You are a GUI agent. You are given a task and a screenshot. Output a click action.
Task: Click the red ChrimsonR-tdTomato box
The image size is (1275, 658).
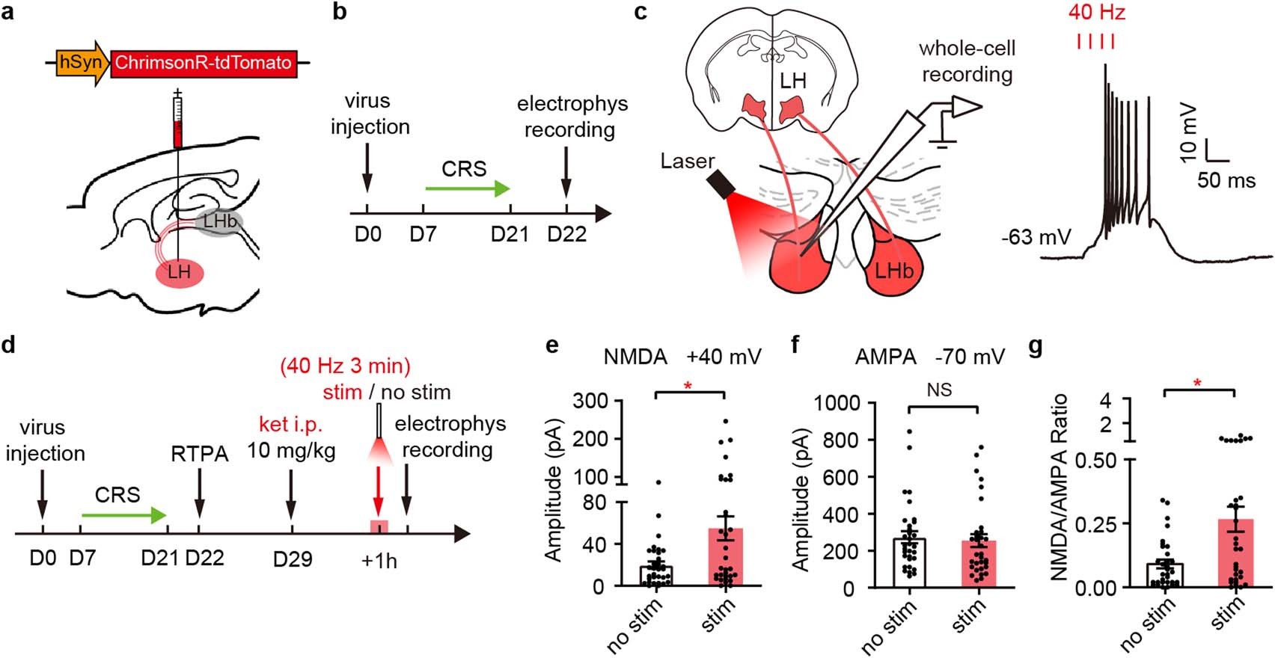click(x=204, y=63)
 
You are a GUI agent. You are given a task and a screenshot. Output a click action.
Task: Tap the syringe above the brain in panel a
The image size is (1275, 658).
click(x=178, y=120)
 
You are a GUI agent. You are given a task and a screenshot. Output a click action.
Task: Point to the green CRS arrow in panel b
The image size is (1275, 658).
click(x=468, y=188)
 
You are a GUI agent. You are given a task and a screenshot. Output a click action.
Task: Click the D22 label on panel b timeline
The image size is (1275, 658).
click(x=566, y=234)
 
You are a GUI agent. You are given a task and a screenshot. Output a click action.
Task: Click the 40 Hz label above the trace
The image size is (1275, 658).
click(x=1096, y=13)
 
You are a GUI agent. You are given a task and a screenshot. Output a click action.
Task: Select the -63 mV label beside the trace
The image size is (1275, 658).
click(x=1036, y=238)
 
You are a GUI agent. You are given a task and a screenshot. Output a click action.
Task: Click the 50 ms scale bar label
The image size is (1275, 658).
click(x=1226, y=180)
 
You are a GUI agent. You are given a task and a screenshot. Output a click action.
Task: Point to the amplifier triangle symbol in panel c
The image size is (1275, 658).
click(x=964, y=108)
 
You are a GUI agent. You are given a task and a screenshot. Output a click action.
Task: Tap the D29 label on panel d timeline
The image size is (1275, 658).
click(x=292, y=559)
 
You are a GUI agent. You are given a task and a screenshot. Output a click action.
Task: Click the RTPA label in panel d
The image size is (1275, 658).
click(x=199, y=454)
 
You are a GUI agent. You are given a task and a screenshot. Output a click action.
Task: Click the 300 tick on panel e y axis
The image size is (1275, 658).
click(x=591, y=401)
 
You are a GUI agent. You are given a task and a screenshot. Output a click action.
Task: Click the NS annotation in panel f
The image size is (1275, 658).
click(x=939, y=389)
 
